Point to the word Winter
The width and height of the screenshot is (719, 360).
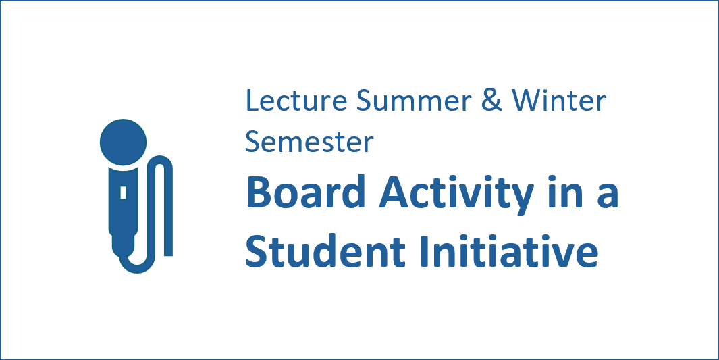coord(559,101)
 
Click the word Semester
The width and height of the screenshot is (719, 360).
coord(309,142)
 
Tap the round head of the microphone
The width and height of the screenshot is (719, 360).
coord(123,142)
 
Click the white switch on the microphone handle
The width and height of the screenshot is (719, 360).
coord(123,192)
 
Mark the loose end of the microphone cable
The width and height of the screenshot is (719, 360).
coord(168,255)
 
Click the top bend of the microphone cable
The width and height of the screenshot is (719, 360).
coord(159,159)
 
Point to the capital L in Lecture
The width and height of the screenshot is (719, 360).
coord(252,101)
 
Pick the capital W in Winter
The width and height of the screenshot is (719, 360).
coord(527,101)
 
